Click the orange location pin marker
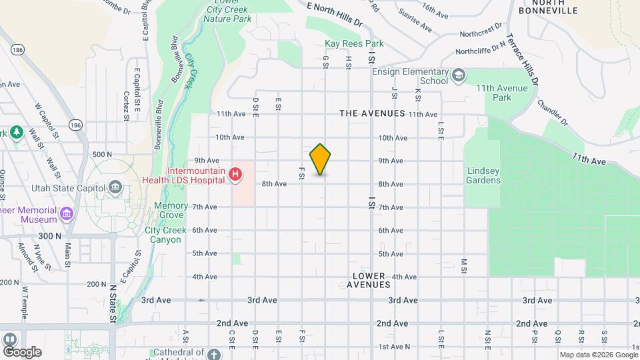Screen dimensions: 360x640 (320, 159)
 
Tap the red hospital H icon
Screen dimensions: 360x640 (235, 175)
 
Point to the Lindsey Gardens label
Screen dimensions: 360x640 (483, 175)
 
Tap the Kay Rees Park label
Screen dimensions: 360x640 (354, 44)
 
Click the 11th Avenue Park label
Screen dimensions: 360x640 (502, 93)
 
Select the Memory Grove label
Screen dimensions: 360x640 (171, 211)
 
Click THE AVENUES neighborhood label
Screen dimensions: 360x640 (372, 113)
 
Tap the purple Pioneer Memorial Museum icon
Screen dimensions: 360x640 (66, 214)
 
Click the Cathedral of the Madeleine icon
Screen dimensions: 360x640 (213, 353)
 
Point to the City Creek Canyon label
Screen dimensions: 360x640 (163, 235)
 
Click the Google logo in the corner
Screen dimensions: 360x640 (22, 351)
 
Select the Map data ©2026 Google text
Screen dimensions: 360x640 (598, 355)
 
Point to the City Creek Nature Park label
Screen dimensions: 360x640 (228, 15)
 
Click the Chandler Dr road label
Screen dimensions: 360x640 (551, 113)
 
